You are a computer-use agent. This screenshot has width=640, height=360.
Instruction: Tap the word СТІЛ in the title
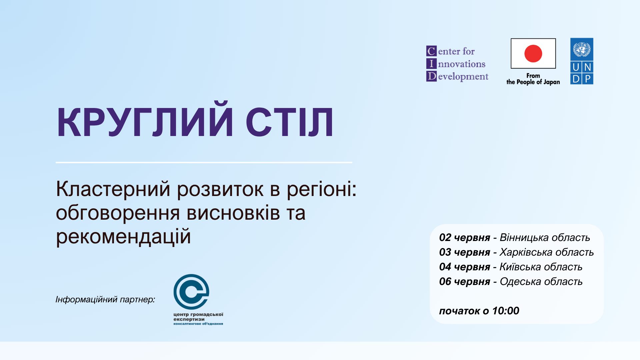coord(289,122)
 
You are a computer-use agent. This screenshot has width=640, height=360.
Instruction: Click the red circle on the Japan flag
coord(533,53)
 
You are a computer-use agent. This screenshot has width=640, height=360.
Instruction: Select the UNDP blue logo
coord(582,61)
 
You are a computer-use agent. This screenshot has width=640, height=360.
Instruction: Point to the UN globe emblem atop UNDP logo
coord(582,49)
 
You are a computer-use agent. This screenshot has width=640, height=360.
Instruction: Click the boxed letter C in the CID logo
coord(431,51)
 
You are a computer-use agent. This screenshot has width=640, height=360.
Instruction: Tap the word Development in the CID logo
coord(457,76)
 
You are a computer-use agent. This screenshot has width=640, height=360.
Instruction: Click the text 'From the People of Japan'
coord(533,79)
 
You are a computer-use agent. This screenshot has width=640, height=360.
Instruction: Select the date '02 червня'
coord(465,237)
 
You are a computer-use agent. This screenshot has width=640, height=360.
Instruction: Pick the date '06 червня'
coord(465,281)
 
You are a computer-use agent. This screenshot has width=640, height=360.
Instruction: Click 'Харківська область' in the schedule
coord(547,252)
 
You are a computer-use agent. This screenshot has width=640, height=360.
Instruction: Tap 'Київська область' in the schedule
coord(541,267)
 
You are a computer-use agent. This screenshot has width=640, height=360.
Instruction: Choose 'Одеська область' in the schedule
coord(541,281)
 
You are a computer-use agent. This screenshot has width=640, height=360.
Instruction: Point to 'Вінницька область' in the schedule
coord(545,237)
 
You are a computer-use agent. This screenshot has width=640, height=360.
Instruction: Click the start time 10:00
coord(506,311)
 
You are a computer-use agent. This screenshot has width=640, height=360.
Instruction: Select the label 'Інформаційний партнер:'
coord(105,299)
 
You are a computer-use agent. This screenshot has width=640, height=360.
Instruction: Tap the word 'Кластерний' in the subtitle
coord(113,189)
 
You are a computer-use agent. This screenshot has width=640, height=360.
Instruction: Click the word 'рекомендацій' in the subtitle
coord(123,237)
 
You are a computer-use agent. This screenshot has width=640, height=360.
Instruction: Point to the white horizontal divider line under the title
coord(204,162)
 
